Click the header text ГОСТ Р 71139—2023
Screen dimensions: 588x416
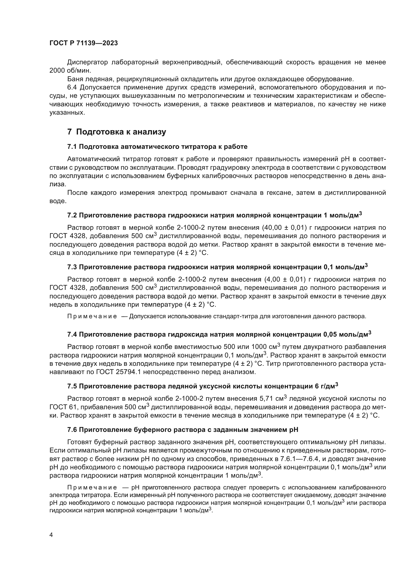coord(84,43)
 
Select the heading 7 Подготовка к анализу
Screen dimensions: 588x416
coord(116,132)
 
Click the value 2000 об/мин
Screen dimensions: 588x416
coord(70,71)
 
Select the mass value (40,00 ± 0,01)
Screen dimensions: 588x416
coord(284,228)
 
